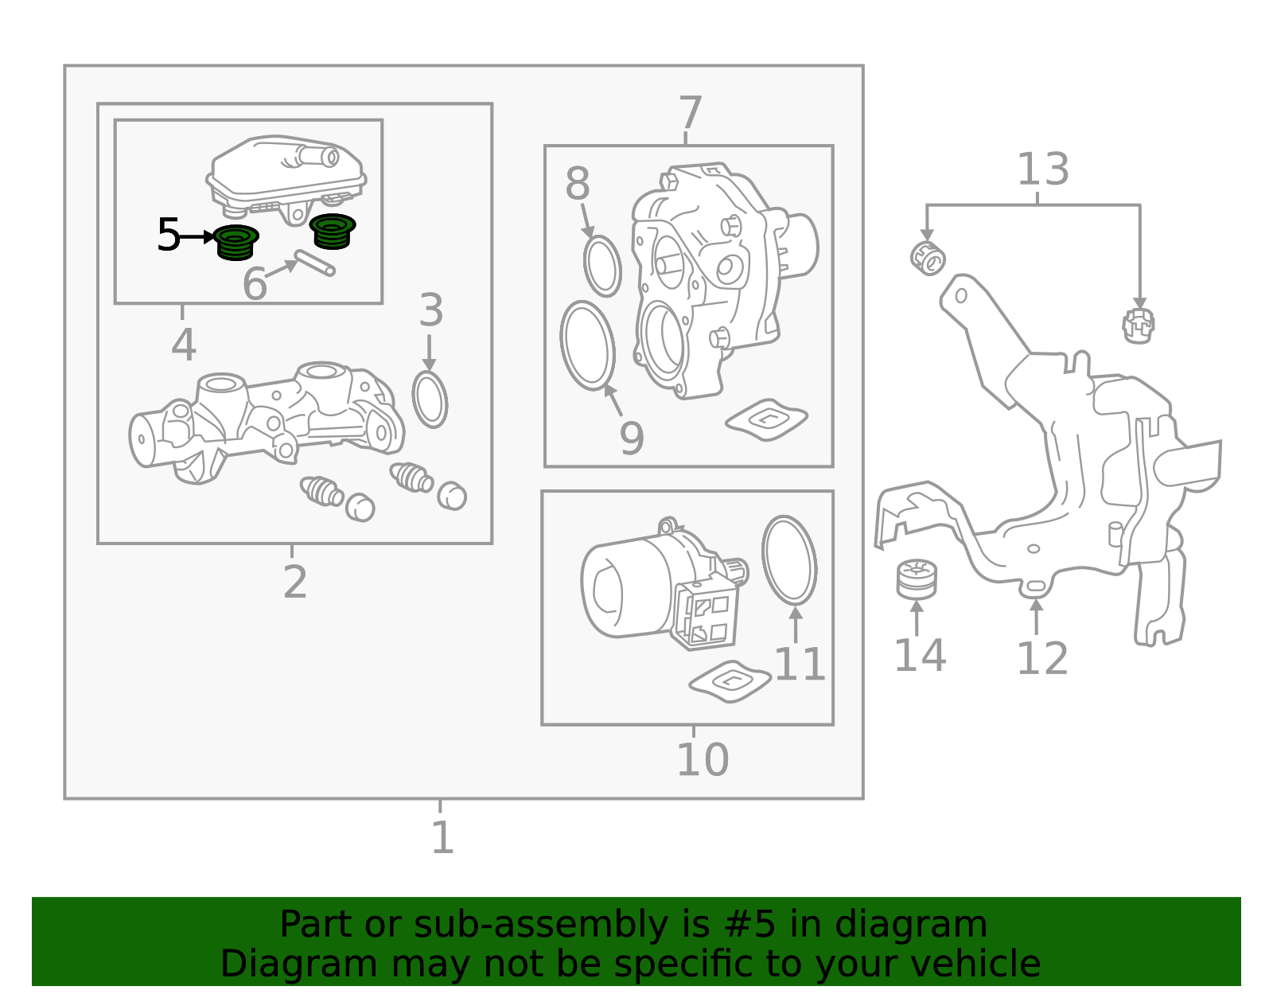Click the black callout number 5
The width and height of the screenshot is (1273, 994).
[x=168, y=236]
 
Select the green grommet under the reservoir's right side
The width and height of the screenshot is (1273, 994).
[x=333, y=231]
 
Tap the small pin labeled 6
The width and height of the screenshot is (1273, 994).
[x=314, y=263]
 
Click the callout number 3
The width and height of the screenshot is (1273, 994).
[x=430, y=310]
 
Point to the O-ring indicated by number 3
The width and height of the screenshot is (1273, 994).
[x=430, y=400]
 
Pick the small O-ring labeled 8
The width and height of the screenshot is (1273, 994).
[x=602, y=266]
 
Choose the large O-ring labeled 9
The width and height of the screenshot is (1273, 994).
[x=588, y=345]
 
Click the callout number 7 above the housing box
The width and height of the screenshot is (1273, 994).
[x=690, y=113]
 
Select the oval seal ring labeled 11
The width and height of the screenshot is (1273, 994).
[x=788, y=559]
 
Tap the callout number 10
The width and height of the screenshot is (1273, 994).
[x=702, y=759]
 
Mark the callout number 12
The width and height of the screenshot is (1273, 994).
[x=1041, y=658]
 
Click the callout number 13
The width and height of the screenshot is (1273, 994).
[x=1042, y=170]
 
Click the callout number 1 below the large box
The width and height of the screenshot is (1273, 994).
[x=442, y=837]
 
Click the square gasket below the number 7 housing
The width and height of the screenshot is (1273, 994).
[x=766, y=419]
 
